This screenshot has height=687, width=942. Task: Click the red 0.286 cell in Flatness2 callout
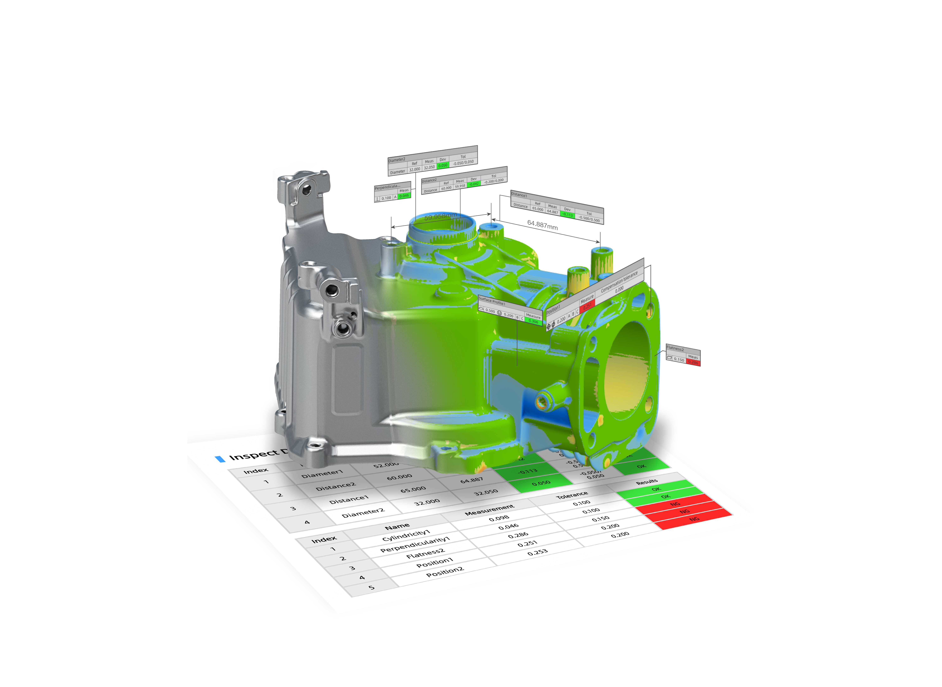pyautogui.click(x=693, y=362)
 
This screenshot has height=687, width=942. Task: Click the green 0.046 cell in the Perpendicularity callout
pyautogui.click(x=404, y=196)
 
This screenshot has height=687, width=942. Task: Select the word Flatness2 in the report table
pyautogui.click(x=425, y=554)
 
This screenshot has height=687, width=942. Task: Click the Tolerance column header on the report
pyautogui.click(x=572, y=495)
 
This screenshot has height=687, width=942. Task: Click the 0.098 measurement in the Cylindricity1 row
pyautogui.click(x=499, y=518)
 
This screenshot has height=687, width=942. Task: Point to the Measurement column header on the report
pyautogui.click(x=489, y=510)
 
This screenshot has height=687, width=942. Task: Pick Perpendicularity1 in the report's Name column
pyautogui.click(x=415, y=545)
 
